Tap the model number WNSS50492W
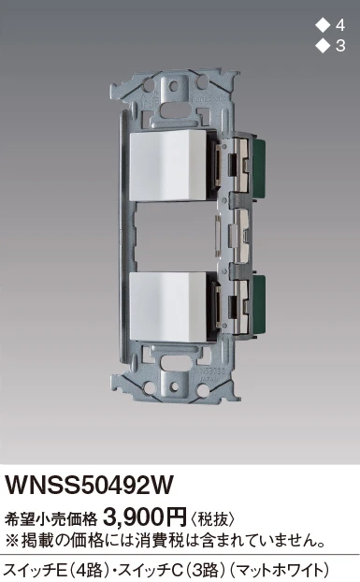[x=89, y=485]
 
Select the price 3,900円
[x=145, y=517]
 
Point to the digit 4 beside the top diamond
[x=339, y=25]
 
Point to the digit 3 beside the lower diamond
[x=340, y=46]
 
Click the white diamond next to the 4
[x=323, y=25]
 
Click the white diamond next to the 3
[x=323, y=46]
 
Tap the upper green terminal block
[x=258, y=166]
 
